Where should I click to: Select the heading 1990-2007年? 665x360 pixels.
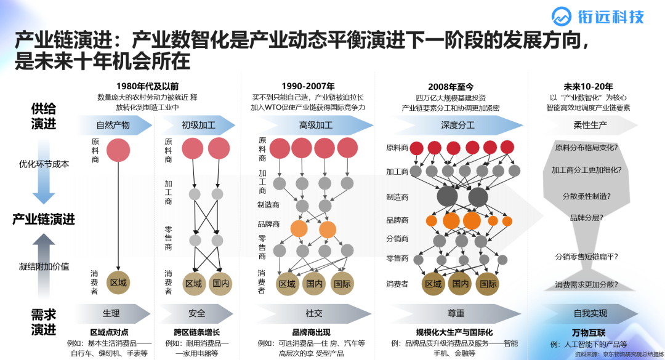[x=308, y=86]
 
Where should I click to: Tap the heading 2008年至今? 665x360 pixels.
[x=451, y=87]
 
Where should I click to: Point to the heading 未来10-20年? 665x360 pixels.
[x=588, y=86]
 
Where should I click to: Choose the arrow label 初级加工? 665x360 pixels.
[x=198, y=125]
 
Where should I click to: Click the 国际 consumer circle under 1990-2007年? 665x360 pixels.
[x=342, y=284]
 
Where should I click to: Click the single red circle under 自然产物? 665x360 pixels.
[x=118, y=150]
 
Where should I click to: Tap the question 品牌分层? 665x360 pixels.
[x=586, y=218]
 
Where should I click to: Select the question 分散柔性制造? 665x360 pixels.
[x=586, y=196]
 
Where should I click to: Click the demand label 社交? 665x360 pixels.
[x=314, y=313]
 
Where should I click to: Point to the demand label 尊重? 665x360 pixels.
[x=456, y=313]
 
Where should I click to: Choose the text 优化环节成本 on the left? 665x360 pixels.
[x=44, y=164]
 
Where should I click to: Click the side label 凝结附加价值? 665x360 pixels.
[x=44, y=266]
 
